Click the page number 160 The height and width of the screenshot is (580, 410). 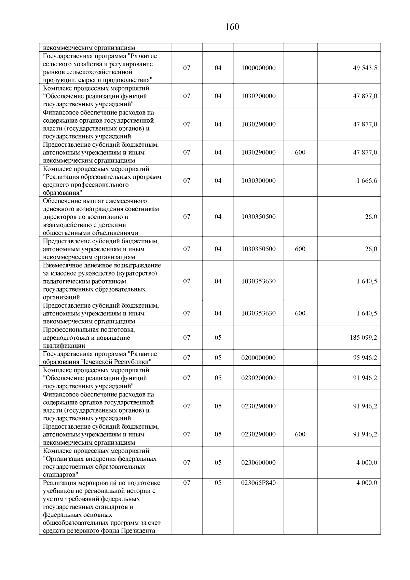pyautogui.click(x=232, y=27)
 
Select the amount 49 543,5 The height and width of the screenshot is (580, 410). pyautogui.click(x=365, y=68)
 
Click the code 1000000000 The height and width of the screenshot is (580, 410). pyautogui.click(x=258, y=68)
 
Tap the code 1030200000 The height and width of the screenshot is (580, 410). pyautogui.click(x=258, y=96)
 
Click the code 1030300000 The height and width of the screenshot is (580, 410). pyautogui.click(x=258, y=181)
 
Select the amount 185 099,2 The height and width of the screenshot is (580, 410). pyautogui.click(x=363, y=338)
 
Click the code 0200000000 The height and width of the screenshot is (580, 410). pyautogui.click(x=258, y=358)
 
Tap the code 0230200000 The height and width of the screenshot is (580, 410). pyautogui.click(x=258, y=378)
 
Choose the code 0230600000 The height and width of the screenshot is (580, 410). pyautogui.click(x=258, y=463)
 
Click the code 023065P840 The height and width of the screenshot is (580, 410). pyautogui.click(x=258, y=483)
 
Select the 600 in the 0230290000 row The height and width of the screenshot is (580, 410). pyautogui.click(x=300, y=434)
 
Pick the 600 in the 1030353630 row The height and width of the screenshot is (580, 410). pyautogui.click(x=300, y=313)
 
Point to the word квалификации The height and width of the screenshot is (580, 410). pyautogui.click(x=64, y=346)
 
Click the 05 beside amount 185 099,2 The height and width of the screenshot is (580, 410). pyautogui.click(x=218, y=338)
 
